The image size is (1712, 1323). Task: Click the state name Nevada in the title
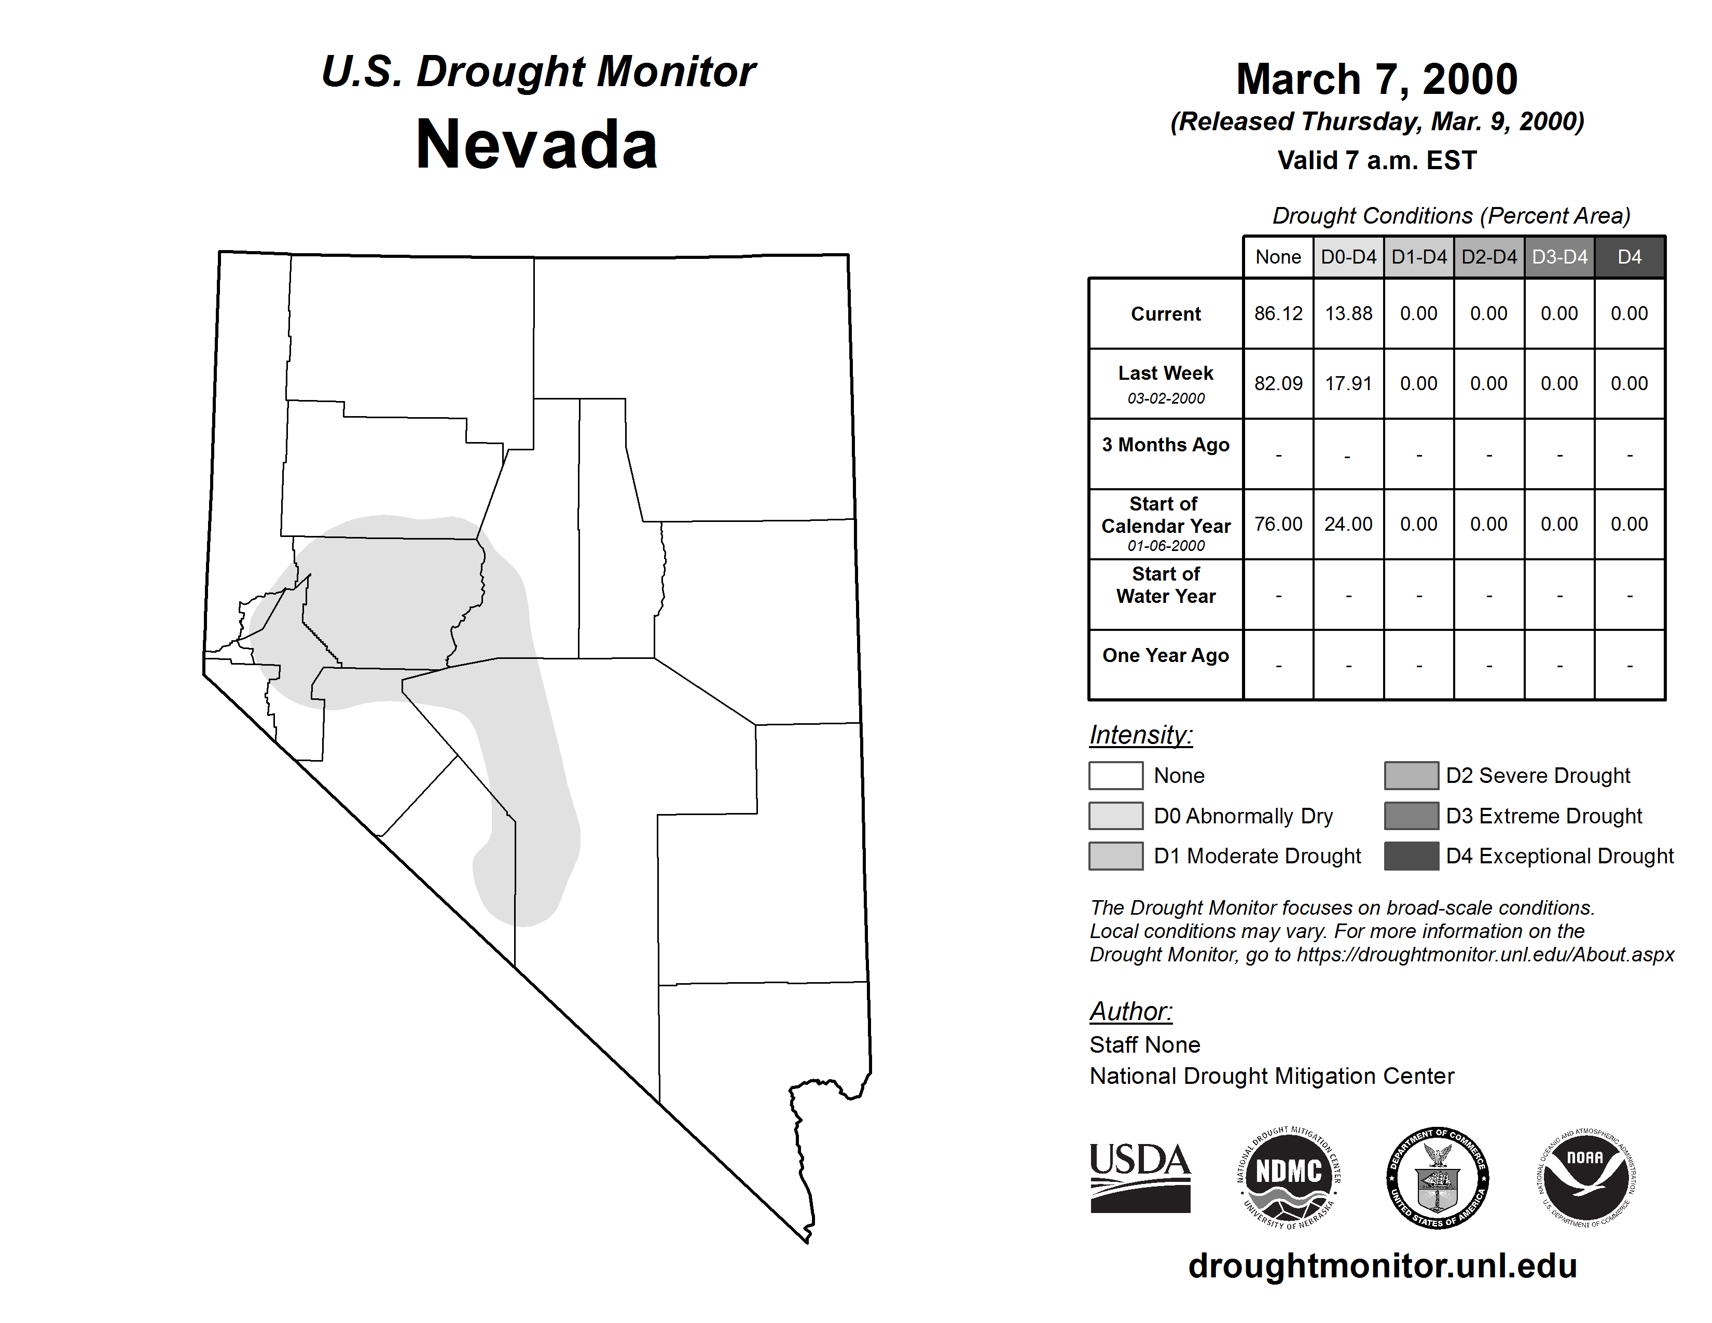click(x=536, y=145)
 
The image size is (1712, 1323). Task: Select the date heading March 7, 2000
click(x=1376, y=79)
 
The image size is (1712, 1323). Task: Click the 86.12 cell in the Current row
click(x=1278, y=313)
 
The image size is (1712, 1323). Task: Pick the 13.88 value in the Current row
click(x=1348, y=313)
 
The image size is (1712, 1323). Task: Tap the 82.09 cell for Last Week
click(x=1278, y=383)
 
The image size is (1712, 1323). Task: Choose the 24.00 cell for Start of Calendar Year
click(x=1348, y=523)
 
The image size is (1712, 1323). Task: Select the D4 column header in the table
click(x=1629, y=257)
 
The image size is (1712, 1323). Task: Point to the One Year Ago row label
click(x=1166, y=655)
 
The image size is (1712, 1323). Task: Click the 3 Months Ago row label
click(x=1166, y=445)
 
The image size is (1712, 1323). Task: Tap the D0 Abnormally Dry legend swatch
click(x=1115, y=815)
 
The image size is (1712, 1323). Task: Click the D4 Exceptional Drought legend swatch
click(x=1411, y=856)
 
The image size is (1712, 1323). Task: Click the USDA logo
click(x=1140, y=1177)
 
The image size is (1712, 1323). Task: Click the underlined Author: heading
click(x=1130, y=1011)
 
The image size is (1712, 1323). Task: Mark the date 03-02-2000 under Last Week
click(x=1166, y=398)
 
